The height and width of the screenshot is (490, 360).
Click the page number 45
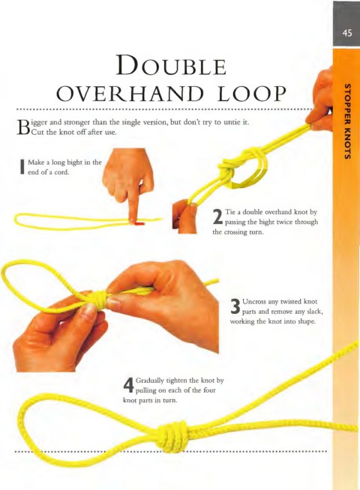pyautogui.click(x=347, y=33)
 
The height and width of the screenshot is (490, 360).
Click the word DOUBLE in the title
pyautogui.click(x=172, y=65)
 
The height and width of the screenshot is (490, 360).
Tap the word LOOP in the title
pyautogui.click(x=252, y=94)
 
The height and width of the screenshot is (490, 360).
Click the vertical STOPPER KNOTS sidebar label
pyautogui.click(x=346, y=121)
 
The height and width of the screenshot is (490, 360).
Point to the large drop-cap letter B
pyautogui.click(x=22, y=127)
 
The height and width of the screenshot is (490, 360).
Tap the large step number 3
pyautogui.click(x=235, y=306)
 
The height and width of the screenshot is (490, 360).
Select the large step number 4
pyautogui.click(x=128, y=385)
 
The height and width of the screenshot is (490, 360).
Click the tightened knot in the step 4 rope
pyautogui.click(x=173, y=435)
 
